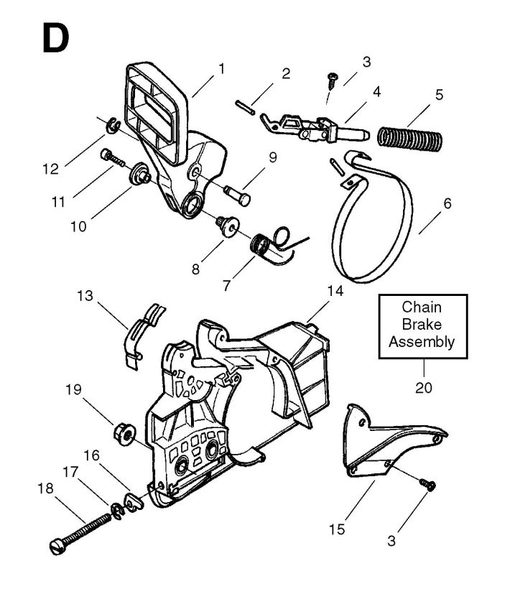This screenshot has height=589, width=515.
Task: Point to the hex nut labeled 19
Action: [x=122, y=432]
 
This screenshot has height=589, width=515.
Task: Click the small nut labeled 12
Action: [x=113, y=128]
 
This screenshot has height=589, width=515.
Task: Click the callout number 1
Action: [x=221, y=70]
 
